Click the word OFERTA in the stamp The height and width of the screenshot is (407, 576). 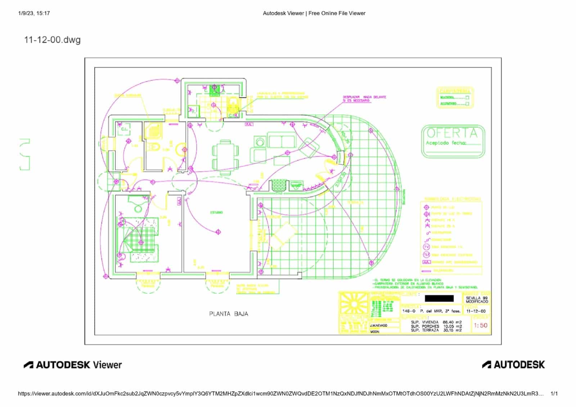[452, 133]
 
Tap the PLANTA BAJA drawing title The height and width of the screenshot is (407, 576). [229, 314]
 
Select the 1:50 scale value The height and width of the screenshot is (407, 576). [480, 325]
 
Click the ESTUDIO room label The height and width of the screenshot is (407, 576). [216, 213]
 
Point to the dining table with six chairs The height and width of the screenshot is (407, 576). [225, 157]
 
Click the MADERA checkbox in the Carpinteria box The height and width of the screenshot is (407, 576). [467, 98]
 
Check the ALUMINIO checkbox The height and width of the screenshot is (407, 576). [467, 104]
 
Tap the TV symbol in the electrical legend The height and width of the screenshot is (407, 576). [426, 247]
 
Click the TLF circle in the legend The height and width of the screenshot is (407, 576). [426, 254]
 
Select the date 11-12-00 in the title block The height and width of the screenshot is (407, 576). [476, 311]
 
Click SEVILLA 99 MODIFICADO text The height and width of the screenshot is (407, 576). [477, 300]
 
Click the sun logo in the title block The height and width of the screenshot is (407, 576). [354, 304]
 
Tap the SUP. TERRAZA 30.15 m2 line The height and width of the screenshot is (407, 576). [436, 330]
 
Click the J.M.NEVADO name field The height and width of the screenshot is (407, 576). [379, 325]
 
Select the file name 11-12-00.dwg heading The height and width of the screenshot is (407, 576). [52, 40]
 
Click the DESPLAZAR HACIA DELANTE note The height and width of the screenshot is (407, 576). [364, 99]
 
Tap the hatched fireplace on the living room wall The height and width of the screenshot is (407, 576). [278, 185]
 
